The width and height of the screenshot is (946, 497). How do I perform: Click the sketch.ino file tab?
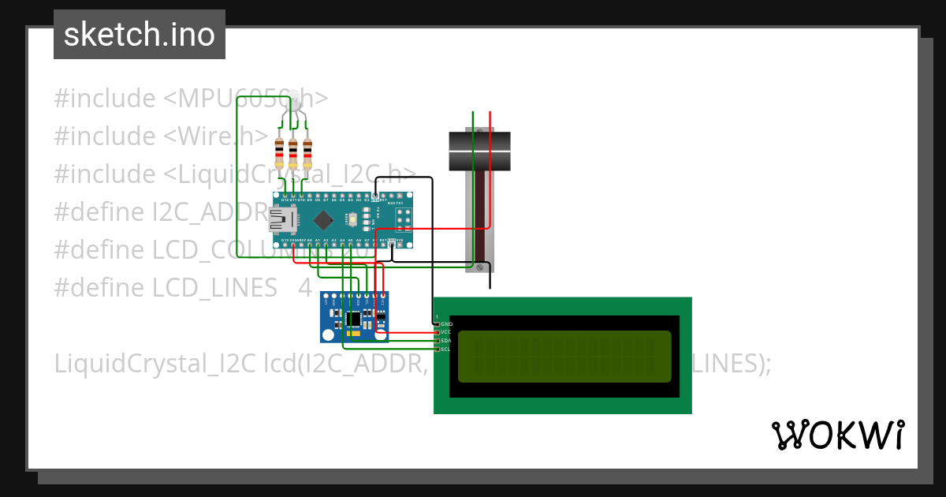(x=140, y=35)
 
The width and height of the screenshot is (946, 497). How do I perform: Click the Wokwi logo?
(x=837, y=435)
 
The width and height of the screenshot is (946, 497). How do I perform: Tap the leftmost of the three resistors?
(x=279, y=152)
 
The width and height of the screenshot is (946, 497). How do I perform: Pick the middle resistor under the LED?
(x=293, y=152)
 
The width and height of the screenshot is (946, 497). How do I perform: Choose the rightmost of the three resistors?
(x=307, y=152)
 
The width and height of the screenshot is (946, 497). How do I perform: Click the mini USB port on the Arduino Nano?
(x=281, y=221)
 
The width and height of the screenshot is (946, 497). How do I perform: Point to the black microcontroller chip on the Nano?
(x=323, y=219)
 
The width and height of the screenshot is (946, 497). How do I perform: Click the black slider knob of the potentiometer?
(x=480, y=151)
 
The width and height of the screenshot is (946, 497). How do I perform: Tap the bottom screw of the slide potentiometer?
(x=479, y=269)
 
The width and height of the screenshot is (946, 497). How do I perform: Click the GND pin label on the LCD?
(x=446, y=323)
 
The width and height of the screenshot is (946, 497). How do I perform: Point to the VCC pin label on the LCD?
(x=445, y=332)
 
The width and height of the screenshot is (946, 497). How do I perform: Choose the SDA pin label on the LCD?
(x=445, y=341)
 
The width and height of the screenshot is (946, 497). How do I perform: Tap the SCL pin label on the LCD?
(x=445, y=349)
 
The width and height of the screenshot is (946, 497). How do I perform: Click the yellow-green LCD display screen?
(x=564, y=356)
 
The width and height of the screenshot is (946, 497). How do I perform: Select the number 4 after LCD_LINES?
(x=305, y=288)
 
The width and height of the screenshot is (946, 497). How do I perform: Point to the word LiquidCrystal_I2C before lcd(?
(x=155, y=364)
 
